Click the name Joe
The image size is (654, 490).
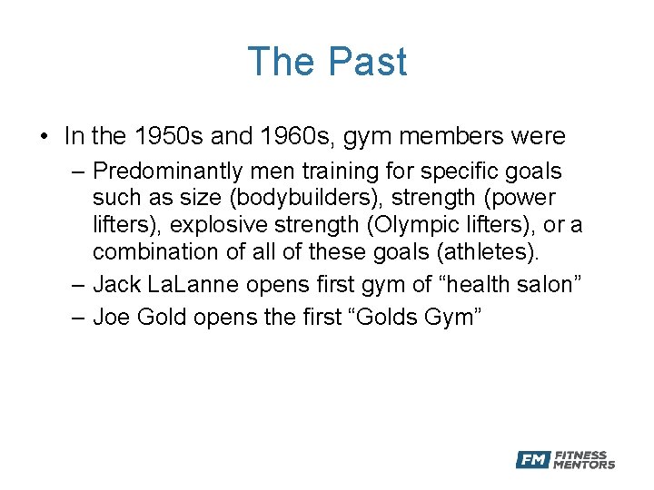(112, 318)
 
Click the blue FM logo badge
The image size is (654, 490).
(532, 460)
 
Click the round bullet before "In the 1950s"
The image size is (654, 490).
(45, 138)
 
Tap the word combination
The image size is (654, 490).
(149, 251)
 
